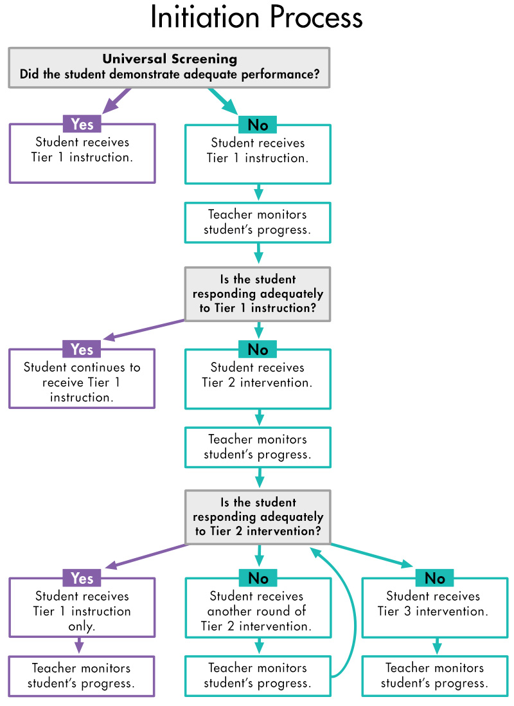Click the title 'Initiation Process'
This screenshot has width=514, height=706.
click(256, 18)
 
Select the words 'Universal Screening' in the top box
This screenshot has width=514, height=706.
click(170, 59)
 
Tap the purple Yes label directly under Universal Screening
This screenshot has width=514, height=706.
click(82, 124)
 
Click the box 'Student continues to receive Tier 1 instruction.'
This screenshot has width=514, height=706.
click(82, 383)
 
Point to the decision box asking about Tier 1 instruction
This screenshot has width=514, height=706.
click(258, 294)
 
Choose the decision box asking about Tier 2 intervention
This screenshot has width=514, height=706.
click(258, 517)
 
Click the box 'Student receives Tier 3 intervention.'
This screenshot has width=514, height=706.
click(434, 608)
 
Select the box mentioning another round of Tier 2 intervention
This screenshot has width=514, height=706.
click(258, 611)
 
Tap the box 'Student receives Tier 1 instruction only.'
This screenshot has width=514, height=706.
click(82, 611)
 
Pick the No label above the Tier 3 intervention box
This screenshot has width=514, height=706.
click(434, 578)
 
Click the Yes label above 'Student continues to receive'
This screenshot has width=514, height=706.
click(82, 349)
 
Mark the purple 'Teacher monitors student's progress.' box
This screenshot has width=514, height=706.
click(82, 676)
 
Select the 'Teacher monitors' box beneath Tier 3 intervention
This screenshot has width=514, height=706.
click(434, 676)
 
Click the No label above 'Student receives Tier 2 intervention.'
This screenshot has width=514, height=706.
click(258, 349)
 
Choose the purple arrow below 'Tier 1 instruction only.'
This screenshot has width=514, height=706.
click(80, 646)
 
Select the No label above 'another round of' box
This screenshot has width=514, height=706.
click(258, 578)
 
